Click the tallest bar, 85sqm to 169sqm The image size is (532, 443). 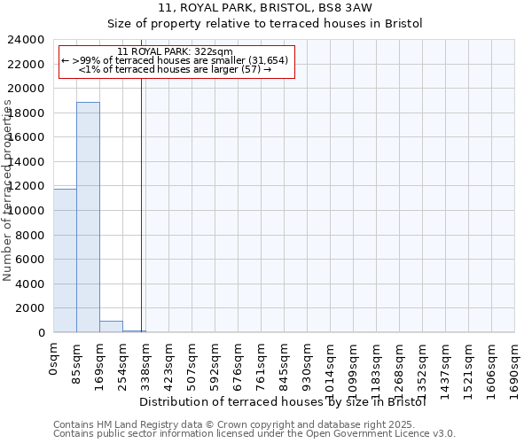(88, 217)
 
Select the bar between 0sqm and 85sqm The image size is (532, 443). (65, 260)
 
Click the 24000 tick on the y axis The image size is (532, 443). (27, 40)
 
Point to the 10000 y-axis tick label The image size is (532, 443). (27, 211)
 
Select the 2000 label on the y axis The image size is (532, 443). (30, 308)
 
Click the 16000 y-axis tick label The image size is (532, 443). (27, 137)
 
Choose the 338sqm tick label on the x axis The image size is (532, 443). (146, 365)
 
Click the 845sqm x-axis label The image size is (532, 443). (285, 365)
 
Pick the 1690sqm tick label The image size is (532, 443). (515, 369)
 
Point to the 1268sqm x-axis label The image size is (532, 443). (400, 369)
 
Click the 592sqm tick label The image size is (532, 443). (215, 365)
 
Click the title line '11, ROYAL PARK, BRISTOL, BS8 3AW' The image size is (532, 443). (265, 8)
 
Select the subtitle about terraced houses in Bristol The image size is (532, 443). (265, 23)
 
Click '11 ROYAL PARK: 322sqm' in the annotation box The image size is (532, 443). (175, 51)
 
